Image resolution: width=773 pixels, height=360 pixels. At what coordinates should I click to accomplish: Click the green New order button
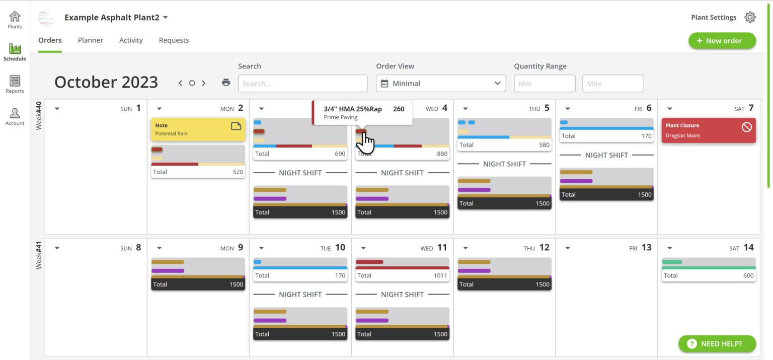point(722,41)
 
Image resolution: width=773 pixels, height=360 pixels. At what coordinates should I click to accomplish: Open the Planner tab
point(91,40)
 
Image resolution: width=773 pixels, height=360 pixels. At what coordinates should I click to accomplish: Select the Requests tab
point(174,40)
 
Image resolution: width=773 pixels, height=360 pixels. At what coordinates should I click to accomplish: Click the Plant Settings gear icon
point(750,17)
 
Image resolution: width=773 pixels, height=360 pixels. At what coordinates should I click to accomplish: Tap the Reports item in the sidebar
point(15,84)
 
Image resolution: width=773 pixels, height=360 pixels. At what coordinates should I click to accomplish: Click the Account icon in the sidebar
point(15,116)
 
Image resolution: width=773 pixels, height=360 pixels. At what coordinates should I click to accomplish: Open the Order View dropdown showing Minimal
point(440,84)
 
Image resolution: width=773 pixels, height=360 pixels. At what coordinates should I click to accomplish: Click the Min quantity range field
point(544,84)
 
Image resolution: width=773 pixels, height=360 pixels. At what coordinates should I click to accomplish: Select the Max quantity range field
point(612,84)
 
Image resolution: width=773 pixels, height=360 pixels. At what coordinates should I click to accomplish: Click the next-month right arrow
point(204,83)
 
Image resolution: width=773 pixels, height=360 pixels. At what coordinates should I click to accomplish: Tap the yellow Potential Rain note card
point(198,129)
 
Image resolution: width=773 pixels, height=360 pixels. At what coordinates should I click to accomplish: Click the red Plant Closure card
point(708,130)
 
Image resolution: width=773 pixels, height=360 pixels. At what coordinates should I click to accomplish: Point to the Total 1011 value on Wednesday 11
point(439,275)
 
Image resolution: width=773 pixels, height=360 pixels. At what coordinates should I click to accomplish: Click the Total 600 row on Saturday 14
point(708,275)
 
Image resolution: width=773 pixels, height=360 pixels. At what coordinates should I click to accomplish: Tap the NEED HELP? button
point(717,344)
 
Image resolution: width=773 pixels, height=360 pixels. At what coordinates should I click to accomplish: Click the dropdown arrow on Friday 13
point(568,248)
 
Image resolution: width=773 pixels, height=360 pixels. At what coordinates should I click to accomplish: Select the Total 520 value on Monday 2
point(238,172)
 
